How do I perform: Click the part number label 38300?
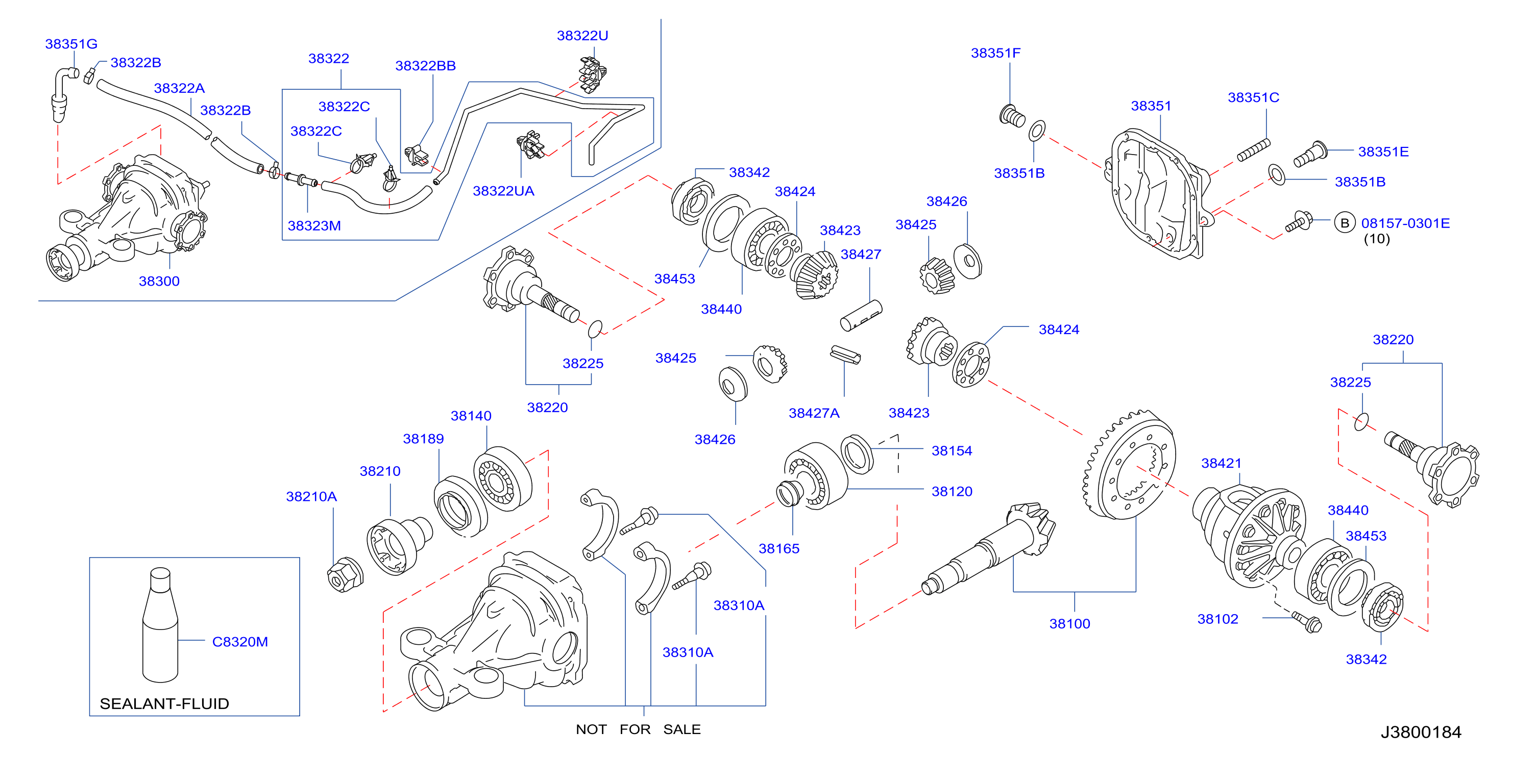(159, 281)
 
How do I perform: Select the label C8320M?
(239, 641)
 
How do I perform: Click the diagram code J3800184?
(1421, 732)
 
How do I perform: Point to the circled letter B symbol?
(1344, 223)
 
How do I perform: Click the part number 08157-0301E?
(1405, 223)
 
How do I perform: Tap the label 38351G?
(71, 43)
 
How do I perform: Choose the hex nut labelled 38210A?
(346, 574)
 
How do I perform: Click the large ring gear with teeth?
(1128, 465)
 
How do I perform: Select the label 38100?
(1069, 623)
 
